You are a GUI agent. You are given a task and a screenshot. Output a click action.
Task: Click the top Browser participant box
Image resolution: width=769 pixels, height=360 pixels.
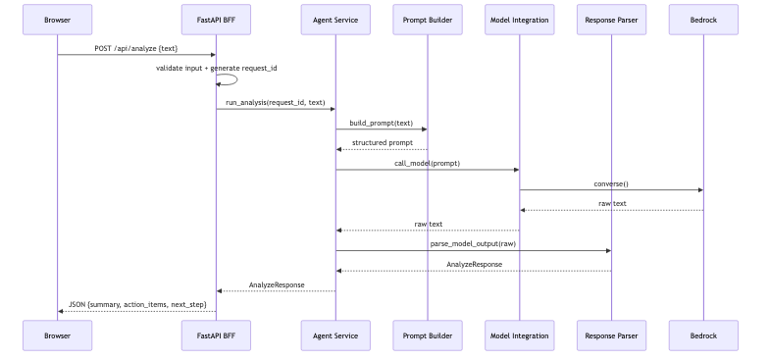pyautogui.click(x=57, y=20)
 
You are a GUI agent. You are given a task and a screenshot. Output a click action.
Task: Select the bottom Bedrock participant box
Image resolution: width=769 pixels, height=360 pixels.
pyautogui.click(x=702, y=335)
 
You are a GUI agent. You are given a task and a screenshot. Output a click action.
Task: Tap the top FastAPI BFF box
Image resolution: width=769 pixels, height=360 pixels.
pyautogui.click(x=215, y=20)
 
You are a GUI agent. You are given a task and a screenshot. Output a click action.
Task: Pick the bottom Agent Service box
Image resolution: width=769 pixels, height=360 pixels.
pyautogui.click(x=334, y=335)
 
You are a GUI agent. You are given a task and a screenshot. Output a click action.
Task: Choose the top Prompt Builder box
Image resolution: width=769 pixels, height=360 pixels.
pyautogui.click(x=427, y=20)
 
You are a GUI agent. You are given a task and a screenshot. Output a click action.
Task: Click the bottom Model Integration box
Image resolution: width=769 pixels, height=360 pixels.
pyautogui.click(x=519, y=335)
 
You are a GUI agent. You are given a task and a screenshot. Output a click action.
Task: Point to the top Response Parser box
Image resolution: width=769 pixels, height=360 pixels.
pyautogui.click(x=611, y=20)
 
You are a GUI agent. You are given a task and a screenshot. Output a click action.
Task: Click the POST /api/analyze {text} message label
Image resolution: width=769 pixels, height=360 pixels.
pyautogui.click(x=136, y=47)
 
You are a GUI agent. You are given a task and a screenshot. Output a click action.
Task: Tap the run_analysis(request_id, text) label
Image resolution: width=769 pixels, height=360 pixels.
pyautogui.click(x=275, y=102)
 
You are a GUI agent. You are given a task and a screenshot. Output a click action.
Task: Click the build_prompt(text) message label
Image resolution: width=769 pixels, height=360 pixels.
pyautogui.click(x=381, y=123)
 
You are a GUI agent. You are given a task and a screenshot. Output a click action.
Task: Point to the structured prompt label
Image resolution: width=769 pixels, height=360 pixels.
pyautogui.click(x=381, y=142)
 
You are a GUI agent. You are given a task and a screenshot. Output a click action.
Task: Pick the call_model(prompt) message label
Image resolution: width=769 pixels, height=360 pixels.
pyautogui.click(x=427, y=163)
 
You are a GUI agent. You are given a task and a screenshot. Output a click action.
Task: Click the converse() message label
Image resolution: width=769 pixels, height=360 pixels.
pyautogui.click(x=611, y=183)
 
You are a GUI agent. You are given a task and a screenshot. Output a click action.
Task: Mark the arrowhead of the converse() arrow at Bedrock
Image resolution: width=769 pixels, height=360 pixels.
pyautogui.click(x=698, y=190)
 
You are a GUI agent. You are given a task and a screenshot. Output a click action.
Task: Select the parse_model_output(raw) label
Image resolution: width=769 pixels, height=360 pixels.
pyautogui.click(x=473, y=243)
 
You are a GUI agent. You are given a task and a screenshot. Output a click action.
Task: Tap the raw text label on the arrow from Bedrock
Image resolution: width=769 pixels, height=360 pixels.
pyautogui.click(x=611, y=203)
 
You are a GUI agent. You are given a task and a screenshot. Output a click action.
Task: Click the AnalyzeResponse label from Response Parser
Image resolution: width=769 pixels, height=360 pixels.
pyautogui.click(x=473, y=264)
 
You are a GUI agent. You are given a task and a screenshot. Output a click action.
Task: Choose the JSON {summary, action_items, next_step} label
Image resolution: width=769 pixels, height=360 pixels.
pyautogui.click(x=136, y=304)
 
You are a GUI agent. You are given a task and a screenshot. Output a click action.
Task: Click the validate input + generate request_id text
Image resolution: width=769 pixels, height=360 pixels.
pyautogui.click(x=209, y=68)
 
